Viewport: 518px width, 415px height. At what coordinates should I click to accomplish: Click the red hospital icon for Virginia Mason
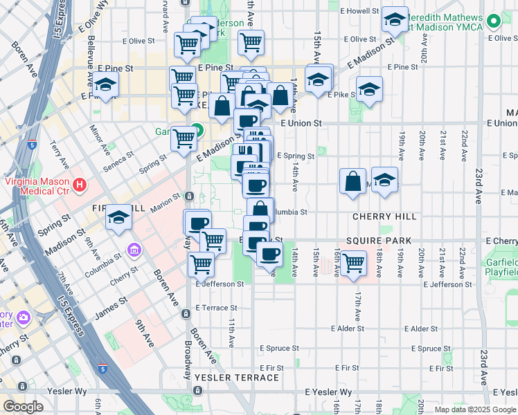point(80,185)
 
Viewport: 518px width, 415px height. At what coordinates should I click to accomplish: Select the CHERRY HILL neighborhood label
point(384,216)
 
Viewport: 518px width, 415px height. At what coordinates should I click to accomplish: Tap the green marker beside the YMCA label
point(493,22)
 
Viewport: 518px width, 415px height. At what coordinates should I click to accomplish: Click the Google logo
point(23,407)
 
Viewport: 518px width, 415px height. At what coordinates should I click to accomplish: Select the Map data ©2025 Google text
point(475,409)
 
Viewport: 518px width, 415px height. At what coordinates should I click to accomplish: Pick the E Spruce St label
point(278,349)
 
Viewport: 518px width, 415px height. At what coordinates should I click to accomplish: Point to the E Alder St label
point(347,329)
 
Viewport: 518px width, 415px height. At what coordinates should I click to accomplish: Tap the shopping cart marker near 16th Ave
point(353,264)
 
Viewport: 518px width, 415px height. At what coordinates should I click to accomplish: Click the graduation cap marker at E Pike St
point(369,89)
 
